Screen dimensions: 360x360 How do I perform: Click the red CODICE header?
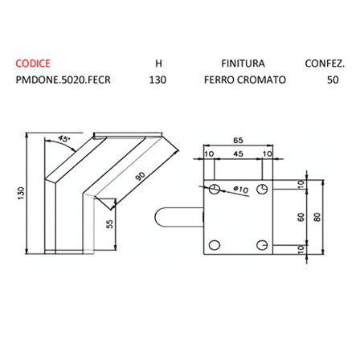click(x=33, y=63)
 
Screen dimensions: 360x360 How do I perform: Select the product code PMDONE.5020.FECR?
click(x=63, y=80)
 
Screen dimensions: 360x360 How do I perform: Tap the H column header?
click(x=158, y=63)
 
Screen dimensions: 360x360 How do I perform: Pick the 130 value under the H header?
click(x=157, y=80)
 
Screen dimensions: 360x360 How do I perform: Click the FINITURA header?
click(x=243, y=63)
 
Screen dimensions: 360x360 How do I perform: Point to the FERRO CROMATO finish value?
click(x=245, y=80)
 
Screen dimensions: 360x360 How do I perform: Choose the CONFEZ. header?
click(x=325, y=63)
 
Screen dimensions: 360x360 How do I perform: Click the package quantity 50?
click(x=333, y=80)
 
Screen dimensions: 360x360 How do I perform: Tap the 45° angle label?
click(x=63, y=139)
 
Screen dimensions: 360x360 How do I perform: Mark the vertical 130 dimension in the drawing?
click(x=21, y=193)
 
